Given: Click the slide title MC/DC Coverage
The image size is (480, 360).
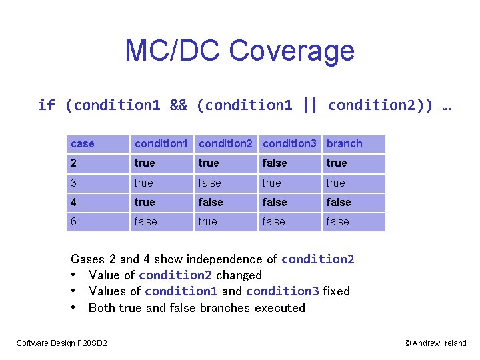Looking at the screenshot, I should [239, 51].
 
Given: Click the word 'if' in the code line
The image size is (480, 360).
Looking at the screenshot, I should [47, 105].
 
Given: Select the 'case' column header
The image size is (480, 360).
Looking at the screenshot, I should [83, 144].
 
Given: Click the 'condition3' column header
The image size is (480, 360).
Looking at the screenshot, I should [289, 144].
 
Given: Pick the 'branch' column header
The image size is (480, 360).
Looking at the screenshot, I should [344, 144].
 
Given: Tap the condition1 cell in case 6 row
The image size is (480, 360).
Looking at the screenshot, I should [146, 222].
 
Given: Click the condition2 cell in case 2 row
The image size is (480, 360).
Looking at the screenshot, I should [209, 163].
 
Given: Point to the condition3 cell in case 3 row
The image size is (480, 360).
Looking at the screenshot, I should [272, 183].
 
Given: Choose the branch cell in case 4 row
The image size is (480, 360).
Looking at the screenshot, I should [338, 203].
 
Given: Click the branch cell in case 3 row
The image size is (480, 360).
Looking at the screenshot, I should [336, 183].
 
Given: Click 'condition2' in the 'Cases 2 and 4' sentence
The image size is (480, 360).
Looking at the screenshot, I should [317, 259].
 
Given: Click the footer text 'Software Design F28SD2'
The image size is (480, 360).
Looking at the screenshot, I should [62, 343].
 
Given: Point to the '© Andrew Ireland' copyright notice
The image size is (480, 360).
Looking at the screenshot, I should [435, 343].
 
